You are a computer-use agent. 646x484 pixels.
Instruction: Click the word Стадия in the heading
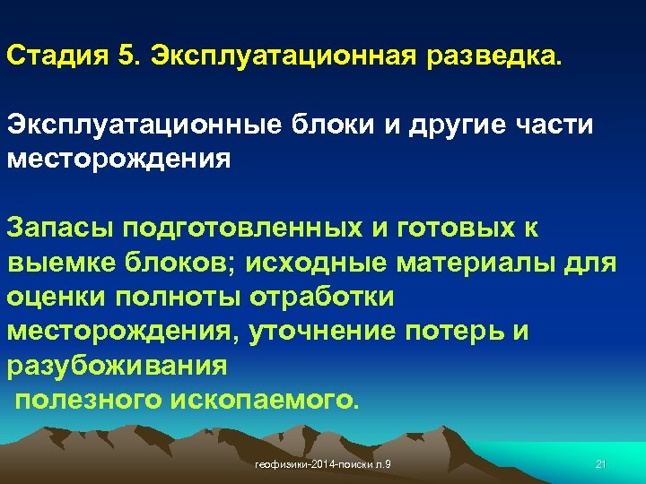(x=57, y=56)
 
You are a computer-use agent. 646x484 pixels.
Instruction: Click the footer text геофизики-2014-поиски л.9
(x=328, y=463)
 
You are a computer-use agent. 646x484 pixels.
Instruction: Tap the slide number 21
(x=602, y=463)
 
